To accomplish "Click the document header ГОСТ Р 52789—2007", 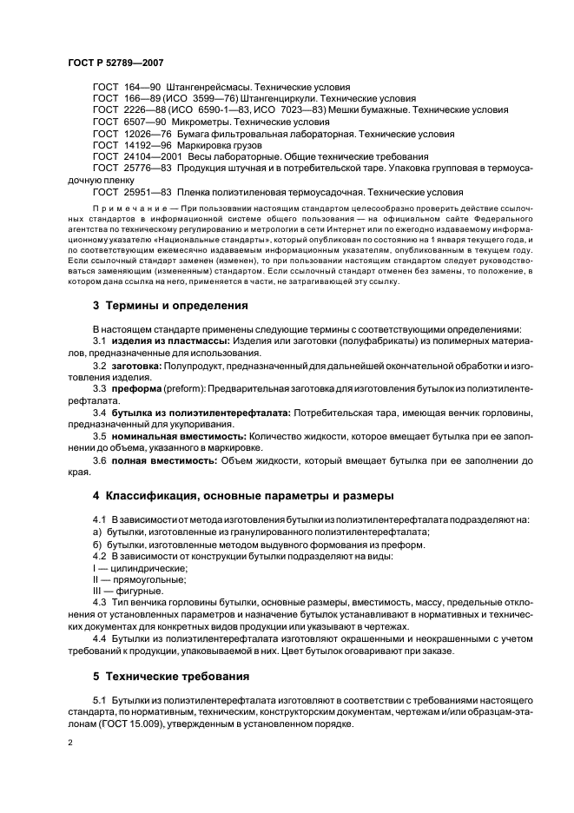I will [x=115, y=63].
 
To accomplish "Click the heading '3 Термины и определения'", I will [x=170, y=306].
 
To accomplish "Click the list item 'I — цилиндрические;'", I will [x=127, y=567].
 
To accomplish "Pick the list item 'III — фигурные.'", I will [x=118, y=591].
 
